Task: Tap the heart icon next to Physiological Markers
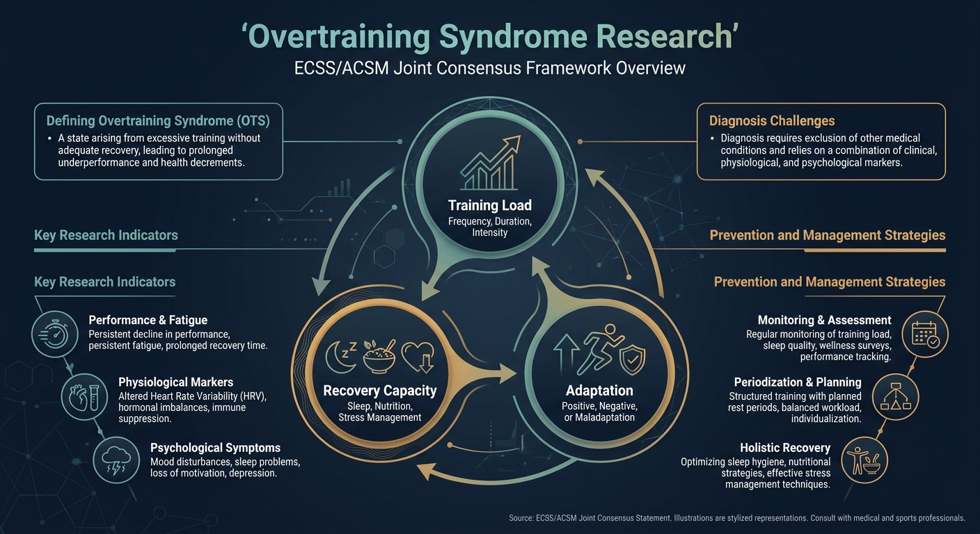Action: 84,395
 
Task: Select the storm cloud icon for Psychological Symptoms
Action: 115,458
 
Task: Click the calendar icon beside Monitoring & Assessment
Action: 924,332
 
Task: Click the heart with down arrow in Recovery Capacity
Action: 418,355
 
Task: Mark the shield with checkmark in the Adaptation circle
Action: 633,359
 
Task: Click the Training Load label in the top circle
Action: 490,205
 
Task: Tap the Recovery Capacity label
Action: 380,391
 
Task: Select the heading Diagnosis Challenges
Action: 772,121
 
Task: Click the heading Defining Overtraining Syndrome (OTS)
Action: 157,120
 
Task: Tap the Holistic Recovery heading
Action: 785,448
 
